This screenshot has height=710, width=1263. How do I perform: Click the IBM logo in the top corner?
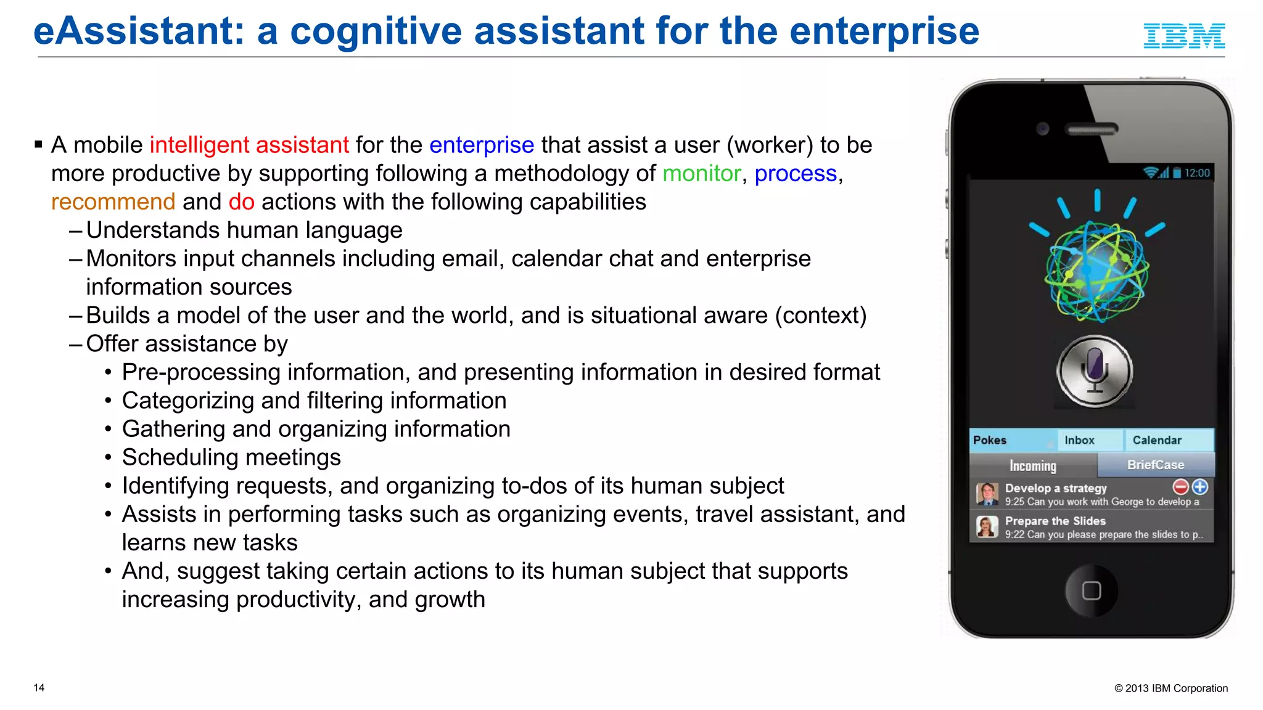[1184, 36]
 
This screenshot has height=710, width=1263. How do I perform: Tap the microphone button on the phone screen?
[1095, 371]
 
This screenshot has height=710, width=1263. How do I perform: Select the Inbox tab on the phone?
[1079, 440]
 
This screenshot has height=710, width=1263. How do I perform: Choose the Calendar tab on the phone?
[1157, 440]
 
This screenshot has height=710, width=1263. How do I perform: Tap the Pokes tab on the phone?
[990, 440]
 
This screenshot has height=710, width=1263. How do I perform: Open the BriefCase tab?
[1156, 465]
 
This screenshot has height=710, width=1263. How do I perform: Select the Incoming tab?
[1033, 465]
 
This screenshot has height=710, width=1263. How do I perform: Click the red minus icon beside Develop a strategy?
[1180, 487]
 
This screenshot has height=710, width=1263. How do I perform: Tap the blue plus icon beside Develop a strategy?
[1200, 487]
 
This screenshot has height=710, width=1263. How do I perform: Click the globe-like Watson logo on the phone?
[1096, 271]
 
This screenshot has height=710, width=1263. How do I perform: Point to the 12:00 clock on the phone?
[1197, 173]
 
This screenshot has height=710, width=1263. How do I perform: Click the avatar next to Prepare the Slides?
[987, 527]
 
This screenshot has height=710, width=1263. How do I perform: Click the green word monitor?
[701, 174]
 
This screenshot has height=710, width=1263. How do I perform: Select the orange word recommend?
[113, 202]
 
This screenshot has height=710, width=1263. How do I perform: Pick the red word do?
[241, 202]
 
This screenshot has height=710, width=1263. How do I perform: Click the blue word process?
[796, 174]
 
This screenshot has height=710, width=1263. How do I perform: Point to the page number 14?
[39, 688]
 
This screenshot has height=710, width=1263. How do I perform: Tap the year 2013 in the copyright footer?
[1137, 688]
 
